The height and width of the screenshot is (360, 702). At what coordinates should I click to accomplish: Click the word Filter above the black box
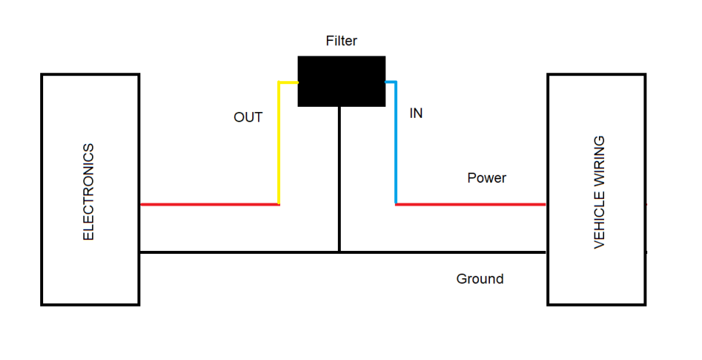pos(341,41)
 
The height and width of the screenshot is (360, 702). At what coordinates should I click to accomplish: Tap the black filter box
pos(341,81)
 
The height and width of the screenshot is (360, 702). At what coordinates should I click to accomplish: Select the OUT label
pos(248,117)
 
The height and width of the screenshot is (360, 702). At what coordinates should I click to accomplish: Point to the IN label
pos(415,113)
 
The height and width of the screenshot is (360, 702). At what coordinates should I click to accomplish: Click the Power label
pos(486,178)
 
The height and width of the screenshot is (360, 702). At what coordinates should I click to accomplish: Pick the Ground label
pos(480,279)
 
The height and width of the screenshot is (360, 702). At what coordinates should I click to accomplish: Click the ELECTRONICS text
pos(88,192)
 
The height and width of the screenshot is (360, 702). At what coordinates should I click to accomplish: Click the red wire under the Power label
pos(472,204)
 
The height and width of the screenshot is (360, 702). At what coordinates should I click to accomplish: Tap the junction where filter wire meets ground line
pos(339,252)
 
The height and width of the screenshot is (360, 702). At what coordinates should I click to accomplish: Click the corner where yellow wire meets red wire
pos(279,204)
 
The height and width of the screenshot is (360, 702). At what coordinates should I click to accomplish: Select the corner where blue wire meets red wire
pos(396,204)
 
